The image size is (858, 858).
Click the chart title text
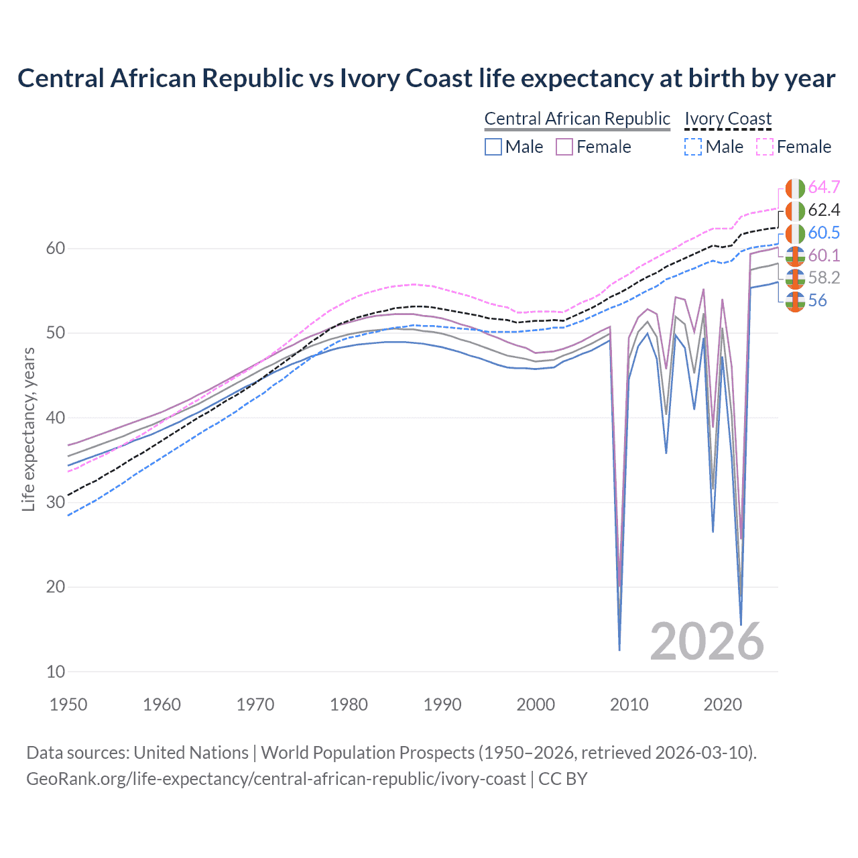(x=426, y=78)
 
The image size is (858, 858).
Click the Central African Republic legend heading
(x=577, y=119)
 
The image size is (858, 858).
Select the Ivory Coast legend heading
(x=728, y=119)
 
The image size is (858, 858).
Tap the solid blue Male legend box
(x=493, y=147)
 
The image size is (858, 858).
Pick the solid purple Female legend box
(x=564, y=147)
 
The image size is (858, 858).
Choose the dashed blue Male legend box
(x=693, y=147)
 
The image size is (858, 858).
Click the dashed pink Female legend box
(x=765, y=147)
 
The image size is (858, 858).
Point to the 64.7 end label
(x=824, y=187)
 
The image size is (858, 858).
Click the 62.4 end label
(x=824, y=210)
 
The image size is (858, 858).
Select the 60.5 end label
(x=824, y=233)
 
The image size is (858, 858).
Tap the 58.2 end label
(x=824, y=278)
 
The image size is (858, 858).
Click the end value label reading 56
(x=817, y=300)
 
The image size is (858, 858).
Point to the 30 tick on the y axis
(x=56, y=502)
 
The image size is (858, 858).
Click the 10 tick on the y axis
(x=56, y=672)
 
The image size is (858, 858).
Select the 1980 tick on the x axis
(x=349, y=704)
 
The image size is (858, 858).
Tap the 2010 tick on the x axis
(x=629, y=704)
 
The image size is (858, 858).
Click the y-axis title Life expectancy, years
(x=28, y=429)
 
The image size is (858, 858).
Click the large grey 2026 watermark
(x=707, y=641)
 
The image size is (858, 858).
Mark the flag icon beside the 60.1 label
(x=795, y=255)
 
